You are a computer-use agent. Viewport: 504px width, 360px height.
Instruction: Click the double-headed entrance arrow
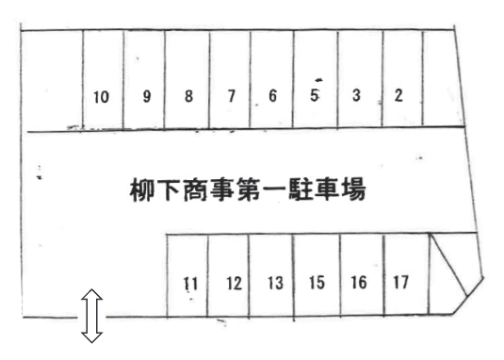pyautogui.click(x=91, y=317)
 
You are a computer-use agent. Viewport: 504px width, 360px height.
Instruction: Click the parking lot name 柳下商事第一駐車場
pyautogui.click(x=247, y=188)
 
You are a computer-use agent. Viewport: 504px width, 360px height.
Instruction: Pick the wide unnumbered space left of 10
pyautogui.click(x=52, y=81)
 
